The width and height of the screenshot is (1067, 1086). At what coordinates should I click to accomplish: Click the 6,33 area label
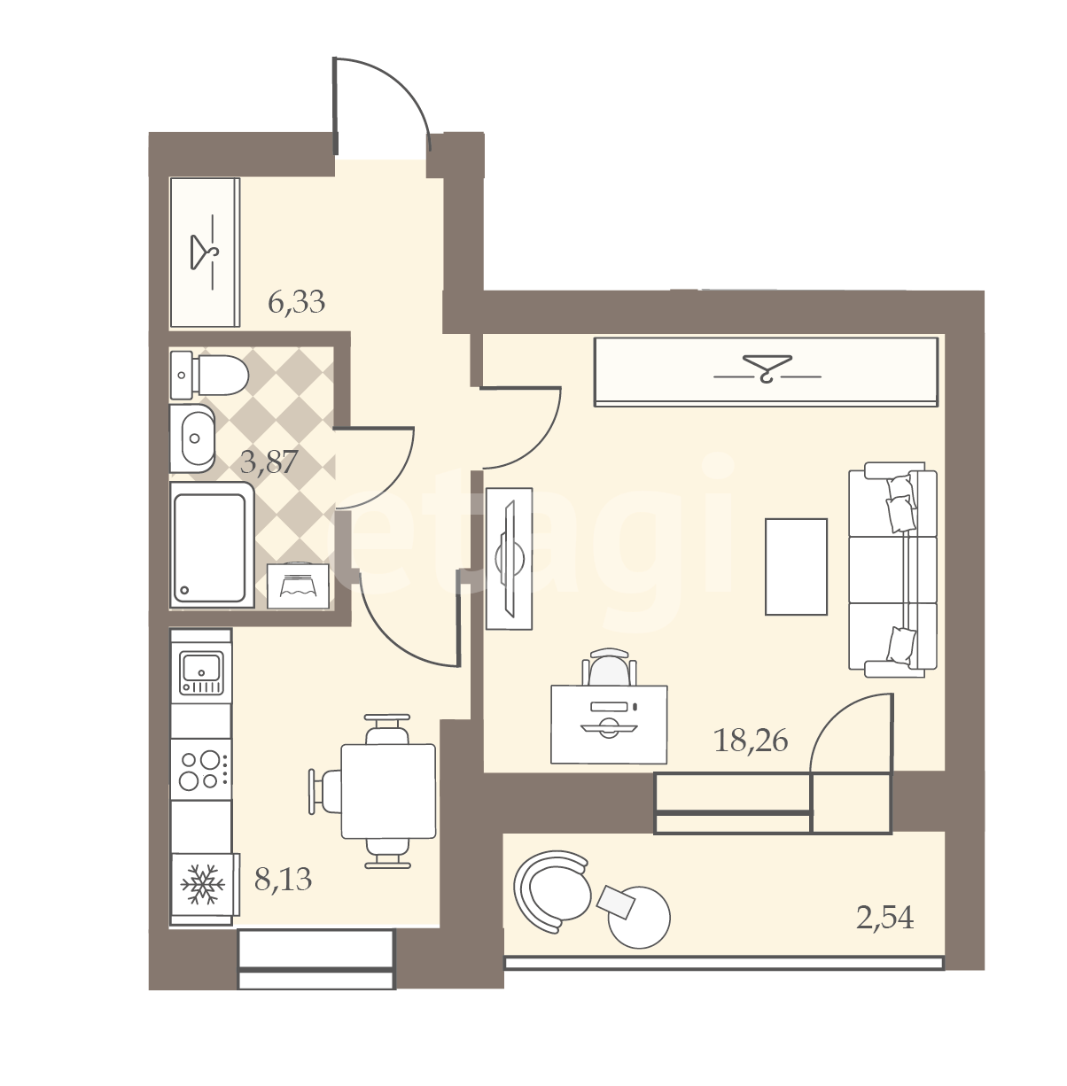(296, 303)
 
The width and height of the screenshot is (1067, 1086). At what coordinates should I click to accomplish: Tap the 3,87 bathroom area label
(269, 462)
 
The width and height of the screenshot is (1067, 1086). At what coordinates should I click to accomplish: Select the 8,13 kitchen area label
(283, 880)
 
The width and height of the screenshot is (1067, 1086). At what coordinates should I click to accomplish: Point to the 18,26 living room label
(751, 740)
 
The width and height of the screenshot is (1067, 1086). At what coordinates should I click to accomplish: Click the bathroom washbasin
(192, 438)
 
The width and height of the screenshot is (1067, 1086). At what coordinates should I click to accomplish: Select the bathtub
(212, 545)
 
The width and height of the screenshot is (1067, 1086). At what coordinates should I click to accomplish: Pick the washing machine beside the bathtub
(298, 586)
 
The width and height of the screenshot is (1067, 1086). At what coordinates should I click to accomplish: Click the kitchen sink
(201, 673)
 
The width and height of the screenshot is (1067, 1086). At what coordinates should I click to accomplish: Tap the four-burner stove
(201, 769)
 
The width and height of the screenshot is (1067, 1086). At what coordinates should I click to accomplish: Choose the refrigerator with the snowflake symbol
(202, 888)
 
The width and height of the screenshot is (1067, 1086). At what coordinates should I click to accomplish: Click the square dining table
(388, 791)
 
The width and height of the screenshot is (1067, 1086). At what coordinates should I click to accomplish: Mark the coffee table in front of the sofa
(796, 566)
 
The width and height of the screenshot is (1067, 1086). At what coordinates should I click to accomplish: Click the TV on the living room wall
(509, 558)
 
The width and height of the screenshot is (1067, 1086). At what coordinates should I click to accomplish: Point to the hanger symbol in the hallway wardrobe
(204, 252)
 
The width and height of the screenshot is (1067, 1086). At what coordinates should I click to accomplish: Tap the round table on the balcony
(639, 916)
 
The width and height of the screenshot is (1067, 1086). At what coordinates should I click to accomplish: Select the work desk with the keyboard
(609, 725)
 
